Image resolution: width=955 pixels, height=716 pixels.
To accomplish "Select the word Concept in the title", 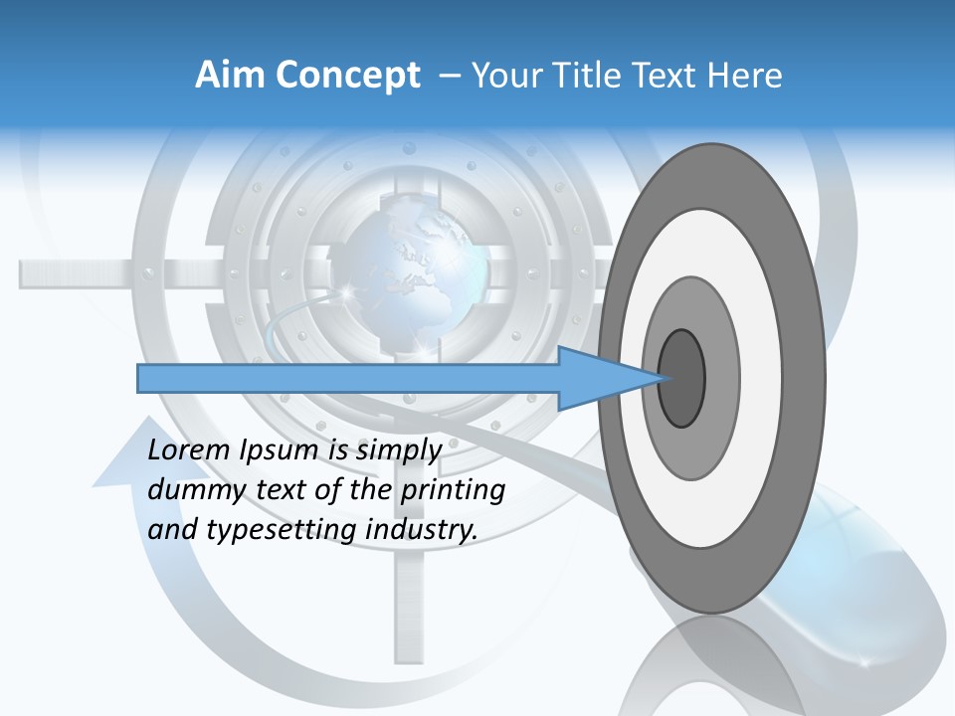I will (x=348, y=76).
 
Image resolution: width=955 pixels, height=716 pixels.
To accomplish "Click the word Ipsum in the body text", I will (x=281, y=450).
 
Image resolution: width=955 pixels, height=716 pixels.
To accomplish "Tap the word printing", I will (x=452, y=489).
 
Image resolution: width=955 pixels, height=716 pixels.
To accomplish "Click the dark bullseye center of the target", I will (x=682, y=379).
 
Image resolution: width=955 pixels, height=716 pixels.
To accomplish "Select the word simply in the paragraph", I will (x=398, y=450).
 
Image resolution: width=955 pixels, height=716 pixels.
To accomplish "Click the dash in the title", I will (x=449, y=76).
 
